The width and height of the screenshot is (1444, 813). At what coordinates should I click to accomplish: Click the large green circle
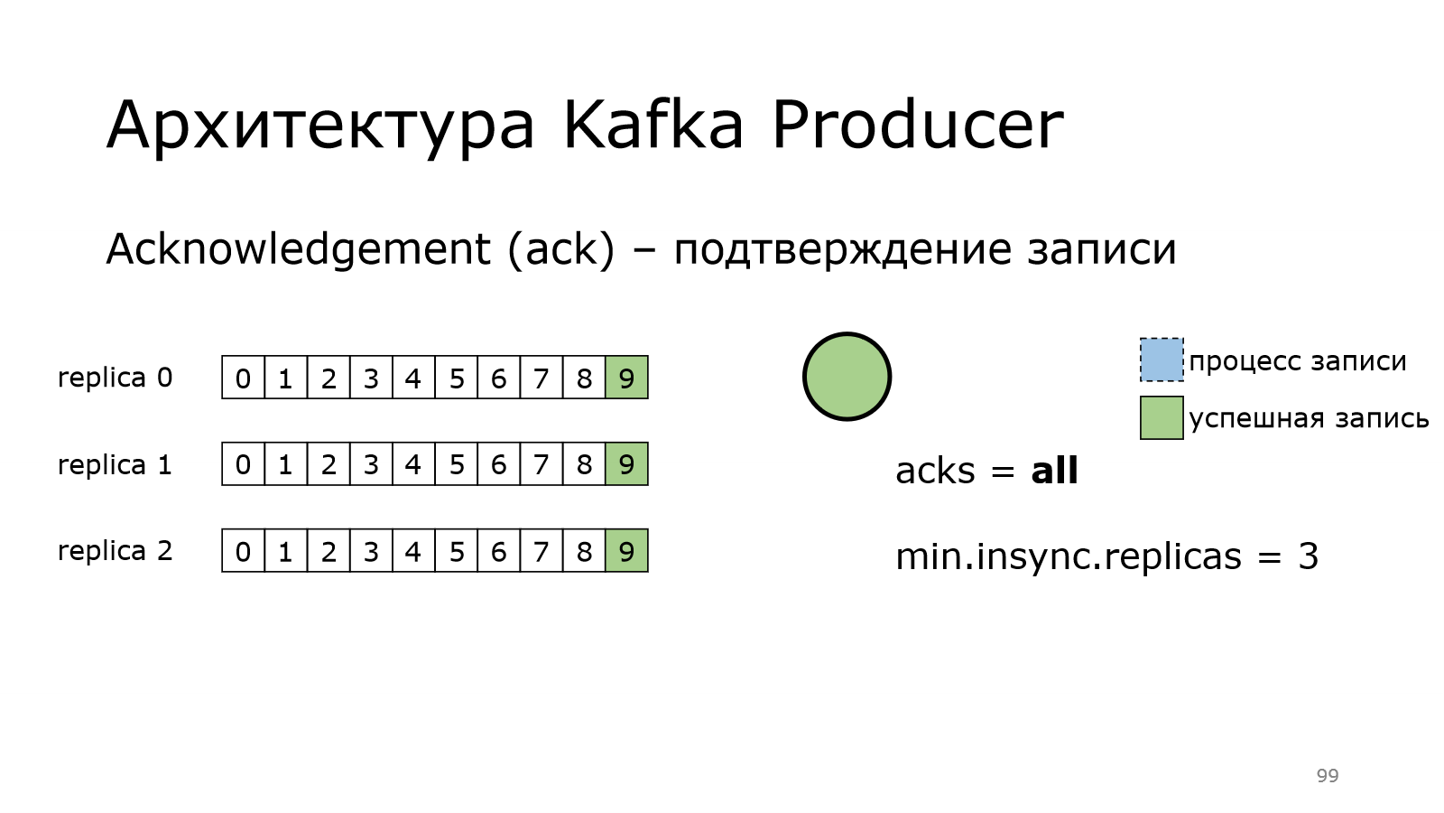[847, 377]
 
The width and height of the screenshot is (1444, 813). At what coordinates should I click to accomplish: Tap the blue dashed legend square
[1162, 360]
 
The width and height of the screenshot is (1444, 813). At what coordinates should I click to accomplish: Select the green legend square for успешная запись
[1162, 417]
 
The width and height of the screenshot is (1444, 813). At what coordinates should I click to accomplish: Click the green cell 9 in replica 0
[626, 378]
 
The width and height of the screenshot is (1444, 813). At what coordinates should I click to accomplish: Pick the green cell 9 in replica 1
[626, 464]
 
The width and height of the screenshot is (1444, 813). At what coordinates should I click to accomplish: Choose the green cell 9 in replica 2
[626, 550]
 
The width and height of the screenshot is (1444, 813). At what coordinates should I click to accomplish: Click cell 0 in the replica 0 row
[243, 378]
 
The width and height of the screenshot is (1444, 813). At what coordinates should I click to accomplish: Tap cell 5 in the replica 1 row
[457, 464]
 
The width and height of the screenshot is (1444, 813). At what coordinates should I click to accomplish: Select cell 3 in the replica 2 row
[371, 550]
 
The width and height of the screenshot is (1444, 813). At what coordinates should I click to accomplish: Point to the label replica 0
[116, 378]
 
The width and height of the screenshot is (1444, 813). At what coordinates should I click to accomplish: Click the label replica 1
[116, 464]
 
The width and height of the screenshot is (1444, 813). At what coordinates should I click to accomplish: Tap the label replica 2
[116, 551]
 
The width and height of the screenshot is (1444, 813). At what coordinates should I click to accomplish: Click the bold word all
[1055, 471]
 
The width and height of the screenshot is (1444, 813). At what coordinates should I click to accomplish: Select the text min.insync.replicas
[1069, 556]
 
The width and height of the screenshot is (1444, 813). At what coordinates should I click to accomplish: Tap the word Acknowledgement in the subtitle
[299, 249]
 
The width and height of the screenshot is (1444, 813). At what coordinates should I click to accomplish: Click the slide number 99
[1328, 775]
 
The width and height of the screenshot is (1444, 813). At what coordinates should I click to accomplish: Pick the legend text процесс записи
[1298, 360]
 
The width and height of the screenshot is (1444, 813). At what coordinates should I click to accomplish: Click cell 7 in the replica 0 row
[541, 378]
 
